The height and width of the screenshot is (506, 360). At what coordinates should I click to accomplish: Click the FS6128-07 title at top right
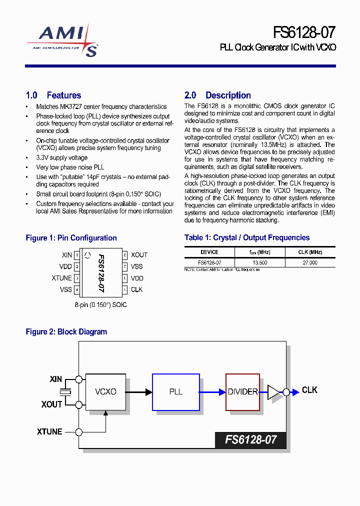pyautogui.click(x=304, y=32)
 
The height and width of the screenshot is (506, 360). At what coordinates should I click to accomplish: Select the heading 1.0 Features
pyautogui.click(x=53, y=95)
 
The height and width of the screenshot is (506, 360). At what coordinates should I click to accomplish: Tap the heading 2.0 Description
pyautogui.click(x=217, y=95)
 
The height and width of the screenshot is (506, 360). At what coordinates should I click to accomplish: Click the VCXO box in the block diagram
pyautogui.click(x=105, y=392)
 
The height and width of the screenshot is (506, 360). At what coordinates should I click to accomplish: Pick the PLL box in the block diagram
pyautogui.click(x=175, y=392)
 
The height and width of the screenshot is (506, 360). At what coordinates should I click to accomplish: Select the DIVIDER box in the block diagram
pyautogui.click(x=242, y=392)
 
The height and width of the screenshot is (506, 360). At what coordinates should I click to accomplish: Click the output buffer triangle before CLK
pyautogui.click(x=275, y=392)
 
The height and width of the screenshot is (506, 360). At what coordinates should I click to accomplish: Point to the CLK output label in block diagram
pyautogui.click(x=309, y=390)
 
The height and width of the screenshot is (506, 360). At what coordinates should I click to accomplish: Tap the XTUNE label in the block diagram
pyautogui.click(x=49, y=431)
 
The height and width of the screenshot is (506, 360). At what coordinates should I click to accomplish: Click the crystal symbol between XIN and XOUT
pyautogui.click(x=64, y=392)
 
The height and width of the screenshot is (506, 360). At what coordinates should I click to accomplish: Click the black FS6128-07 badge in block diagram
pyautogui.click(x=250, y=440)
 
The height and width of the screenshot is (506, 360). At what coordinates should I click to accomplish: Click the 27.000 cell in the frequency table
pyautogui.click(x=309, y=262)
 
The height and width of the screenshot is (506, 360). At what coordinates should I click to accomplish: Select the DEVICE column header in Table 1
pyautogui.click(x=209, y=252)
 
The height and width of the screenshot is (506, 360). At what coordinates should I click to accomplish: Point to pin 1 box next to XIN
pyautogui.click(x=77, y=255)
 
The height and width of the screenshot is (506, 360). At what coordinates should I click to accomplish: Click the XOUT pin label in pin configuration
pyautogui.click(x=139, y=255)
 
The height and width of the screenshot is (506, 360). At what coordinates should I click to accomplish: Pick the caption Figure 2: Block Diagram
pyautogui.click(x=66, y=332)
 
